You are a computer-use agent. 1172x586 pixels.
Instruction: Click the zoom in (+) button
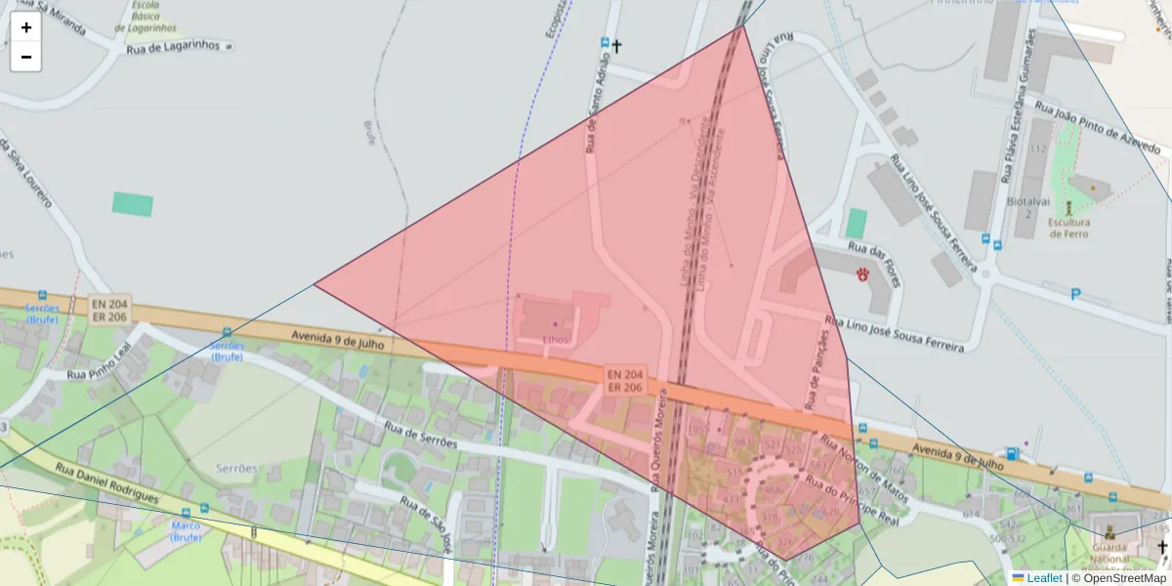coord(26,27)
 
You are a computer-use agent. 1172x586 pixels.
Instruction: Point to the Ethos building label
coord(556,339)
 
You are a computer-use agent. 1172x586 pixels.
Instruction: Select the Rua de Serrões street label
coord(420,435)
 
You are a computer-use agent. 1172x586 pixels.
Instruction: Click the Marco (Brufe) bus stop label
coord(186,531)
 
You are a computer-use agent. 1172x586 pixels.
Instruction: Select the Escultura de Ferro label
coord(1068,227)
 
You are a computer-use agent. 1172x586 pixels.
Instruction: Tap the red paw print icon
coord(863,274)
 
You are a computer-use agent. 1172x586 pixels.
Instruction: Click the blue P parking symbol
coord(1076,295)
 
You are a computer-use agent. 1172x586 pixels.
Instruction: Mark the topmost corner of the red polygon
coord(743,24)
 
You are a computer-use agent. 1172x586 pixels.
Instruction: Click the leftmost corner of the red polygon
coord(314,284)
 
